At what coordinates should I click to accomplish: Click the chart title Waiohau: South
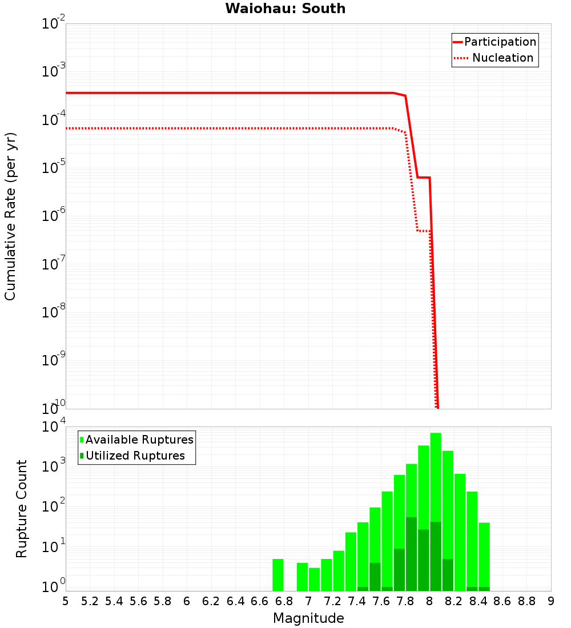[x=285, y=9]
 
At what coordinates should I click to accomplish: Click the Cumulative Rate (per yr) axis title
[x=11, y=216]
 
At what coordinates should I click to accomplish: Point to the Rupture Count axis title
[x=22, y=508]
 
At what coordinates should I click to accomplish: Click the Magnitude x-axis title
[x=308, y=618]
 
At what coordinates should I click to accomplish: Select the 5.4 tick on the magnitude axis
[x=114, y=601]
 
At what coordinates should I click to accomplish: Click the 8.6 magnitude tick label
[x=502, y=601]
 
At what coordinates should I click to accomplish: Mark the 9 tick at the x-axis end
[x=551, y=601]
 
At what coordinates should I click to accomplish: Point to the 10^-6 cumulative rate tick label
[x=53, y=215]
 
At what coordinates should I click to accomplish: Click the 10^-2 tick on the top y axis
[x=53, y=24]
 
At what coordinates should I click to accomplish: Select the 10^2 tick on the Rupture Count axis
[x=53, y=505]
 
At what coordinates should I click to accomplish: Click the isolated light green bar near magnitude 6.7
[x=278, y=575]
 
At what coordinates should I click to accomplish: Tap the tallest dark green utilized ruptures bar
[x=411, y=554]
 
